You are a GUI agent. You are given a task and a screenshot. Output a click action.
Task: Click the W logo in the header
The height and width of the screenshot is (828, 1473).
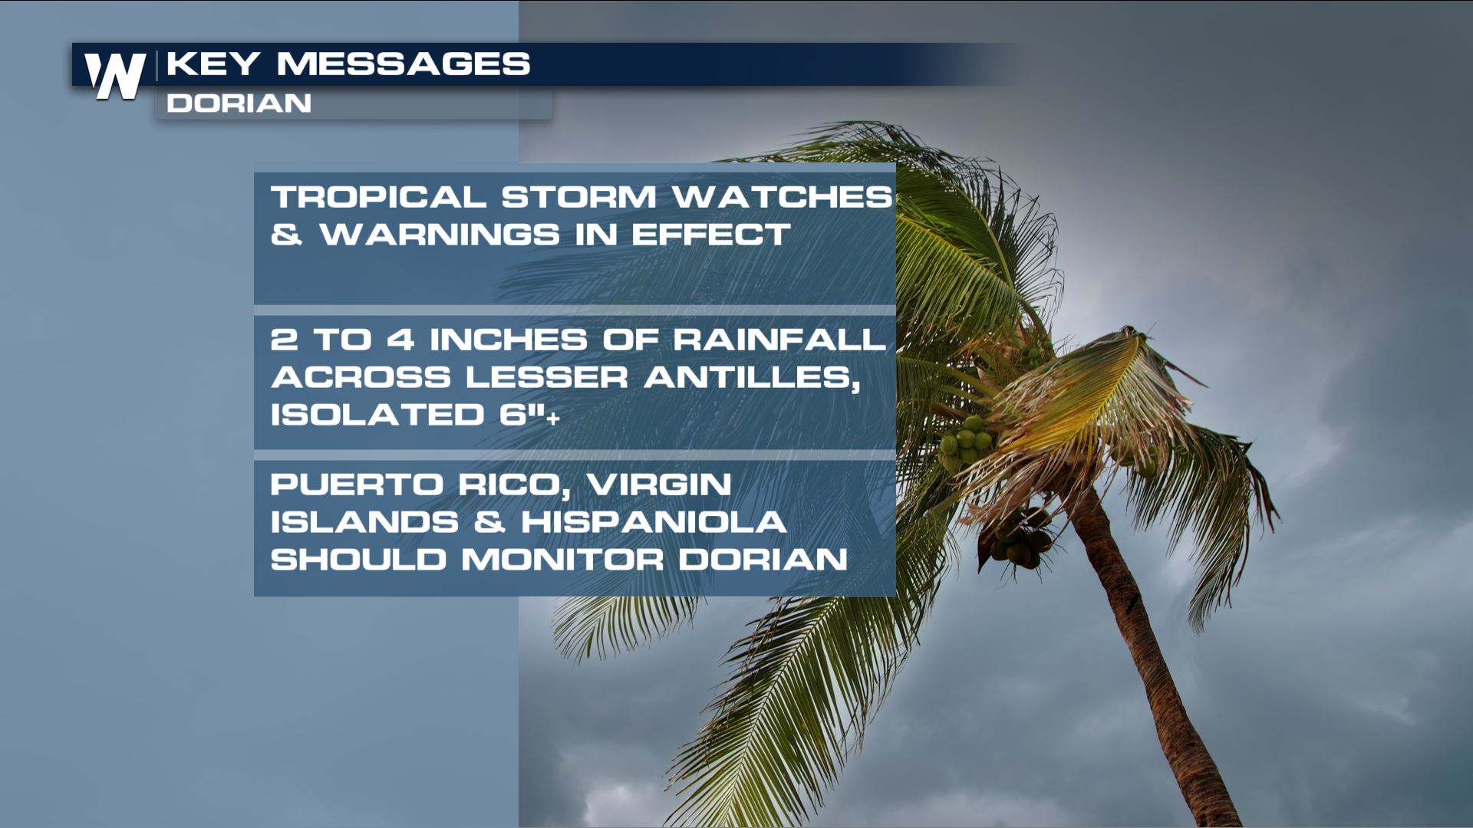[x=115, y=76]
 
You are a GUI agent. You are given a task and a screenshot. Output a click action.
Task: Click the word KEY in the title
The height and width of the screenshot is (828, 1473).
[x=213, y=64]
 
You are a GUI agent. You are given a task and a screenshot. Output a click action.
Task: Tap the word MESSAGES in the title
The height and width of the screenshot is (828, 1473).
[x=404, y=64]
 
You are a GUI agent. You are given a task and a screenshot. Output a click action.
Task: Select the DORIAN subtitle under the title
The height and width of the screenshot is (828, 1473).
[x=239, y=103]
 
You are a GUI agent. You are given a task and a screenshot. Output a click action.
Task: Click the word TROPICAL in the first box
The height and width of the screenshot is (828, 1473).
[x=378, y=197]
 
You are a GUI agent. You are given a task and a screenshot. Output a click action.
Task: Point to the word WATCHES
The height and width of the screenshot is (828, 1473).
[x=782, y=197]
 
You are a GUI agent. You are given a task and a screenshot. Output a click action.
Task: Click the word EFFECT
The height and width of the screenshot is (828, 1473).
[x=710, y=235]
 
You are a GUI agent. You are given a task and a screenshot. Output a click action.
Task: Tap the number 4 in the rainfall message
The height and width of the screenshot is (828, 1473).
[x=400, y=340]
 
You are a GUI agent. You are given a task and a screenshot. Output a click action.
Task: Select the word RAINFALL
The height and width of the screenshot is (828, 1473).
[x=779, y=340]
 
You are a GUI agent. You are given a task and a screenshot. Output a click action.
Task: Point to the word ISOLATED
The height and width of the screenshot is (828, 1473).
[x=377, y=415]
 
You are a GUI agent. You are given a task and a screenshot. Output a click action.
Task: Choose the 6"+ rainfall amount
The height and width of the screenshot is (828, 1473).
[x=530, y=415]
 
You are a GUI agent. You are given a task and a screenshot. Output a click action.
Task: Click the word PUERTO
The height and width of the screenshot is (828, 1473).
[x=357, y=485]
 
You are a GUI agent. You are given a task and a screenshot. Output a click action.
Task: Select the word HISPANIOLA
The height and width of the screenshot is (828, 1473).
[x=654, y=522]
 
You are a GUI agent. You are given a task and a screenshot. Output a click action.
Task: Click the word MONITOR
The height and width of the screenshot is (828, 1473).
[x=562, y=560]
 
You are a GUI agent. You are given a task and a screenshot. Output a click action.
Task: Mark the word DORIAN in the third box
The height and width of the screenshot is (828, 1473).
[x=763, y=560]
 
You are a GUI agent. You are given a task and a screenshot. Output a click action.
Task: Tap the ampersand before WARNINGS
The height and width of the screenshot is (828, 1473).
[x=286, y=235]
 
